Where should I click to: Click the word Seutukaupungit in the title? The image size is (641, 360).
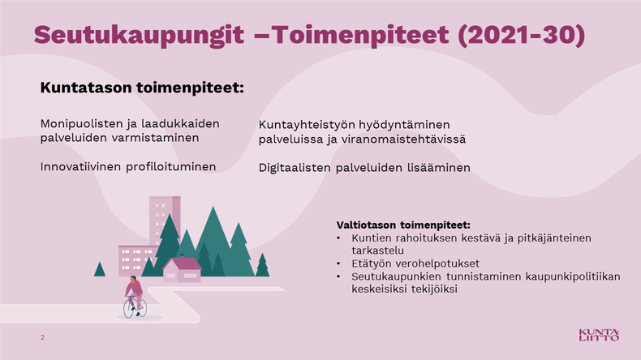[x=139, y=35]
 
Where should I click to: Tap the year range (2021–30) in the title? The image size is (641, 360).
[x=522, y=35]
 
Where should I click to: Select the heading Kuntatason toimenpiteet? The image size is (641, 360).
[x=142, y=88]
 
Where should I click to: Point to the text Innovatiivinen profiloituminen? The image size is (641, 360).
[x=128, y=167]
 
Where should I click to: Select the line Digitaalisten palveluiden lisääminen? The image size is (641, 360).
[x=364, y=168]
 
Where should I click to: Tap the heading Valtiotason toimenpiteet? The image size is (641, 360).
[x=403, y=225]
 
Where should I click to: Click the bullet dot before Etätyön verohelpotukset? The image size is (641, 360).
[x=338, y=264]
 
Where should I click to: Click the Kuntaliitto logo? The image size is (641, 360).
[x=600, y=335]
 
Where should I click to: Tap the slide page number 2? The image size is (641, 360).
[x=42, y=337]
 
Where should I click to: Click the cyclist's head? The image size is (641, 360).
[x=133, y=280]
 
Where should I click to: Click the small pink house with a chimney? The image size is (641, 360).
[x=182, y=269]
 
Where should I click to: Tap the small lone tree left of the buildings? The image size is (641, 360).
[x=100, y=269]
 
